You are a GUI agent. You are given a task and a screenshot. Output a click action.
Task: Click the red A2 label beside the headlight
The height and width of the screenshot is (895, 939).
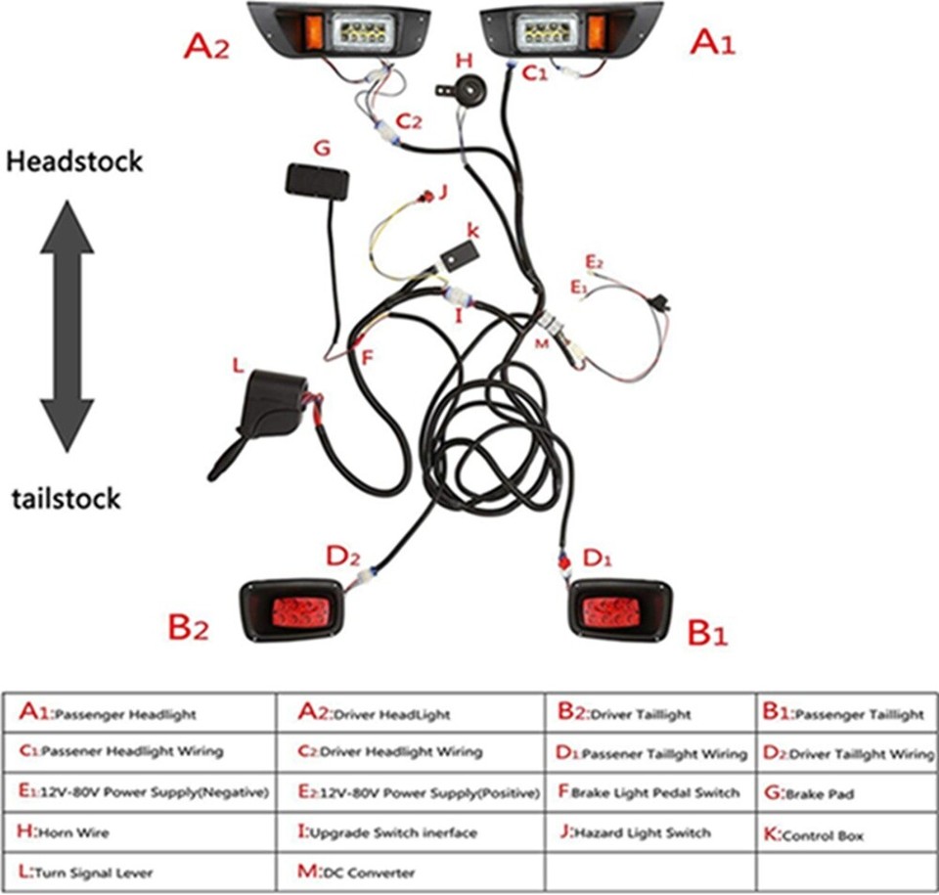point(206,47)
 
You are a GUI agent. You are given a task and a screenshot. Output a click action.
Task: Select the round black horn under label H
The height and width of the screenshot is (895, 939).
point(464,88)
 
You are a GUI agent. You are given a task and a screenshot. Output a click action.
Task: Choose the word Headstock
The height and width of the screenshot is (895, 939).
point(74,161)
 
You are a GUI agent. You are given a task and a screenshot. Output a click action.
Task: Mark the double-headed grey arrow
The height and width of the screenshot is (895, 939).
point(67,326)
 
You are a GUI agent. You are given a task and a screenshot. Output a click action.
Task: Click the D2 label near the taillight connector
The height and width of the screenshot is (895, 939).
point(342,558)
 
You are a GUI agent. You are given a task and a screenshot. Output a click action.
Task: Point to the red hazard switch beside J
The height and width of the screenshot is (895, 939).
point(425,198)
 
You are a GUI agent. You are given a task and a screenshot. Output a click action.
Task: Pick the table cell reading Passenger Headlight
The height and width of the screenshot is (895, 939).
point(140,714)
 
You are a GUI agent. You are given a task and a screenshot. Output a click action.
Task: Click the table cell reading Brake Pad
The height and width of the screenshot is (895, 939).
point(847,793)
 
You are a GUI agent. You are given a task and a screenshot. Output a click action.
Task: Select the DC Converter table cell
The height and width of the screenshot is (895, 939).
point(406,872)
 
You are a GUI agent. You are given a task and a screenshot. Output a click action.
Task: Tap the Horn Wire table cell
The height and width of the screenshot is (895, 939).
point(140,832)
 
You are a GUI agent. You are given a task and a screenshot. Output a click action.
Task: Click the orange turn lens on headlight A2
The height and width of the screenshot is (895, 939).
point(316,26)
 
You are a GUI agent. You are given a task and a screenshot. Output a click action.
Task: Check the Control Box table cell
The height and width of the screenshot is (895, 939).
point(847,834)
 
